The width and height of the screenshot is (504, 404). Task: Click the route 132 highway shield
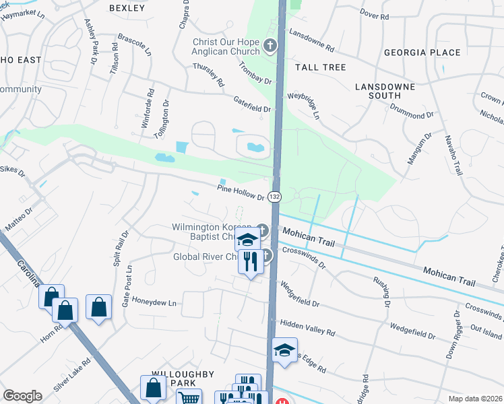click(x=274, y=196)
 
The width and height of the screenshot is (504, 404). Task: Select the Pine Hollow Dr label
click(x=241, y=193)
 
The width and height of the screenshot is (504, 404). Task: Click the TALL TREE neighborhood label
click(x=320, y=67)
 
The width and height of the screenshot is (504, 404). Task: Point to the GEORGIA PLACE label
click(x=422, y=53)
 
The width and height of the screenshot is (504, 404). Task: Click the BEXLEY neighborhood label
click(x=127, y=8)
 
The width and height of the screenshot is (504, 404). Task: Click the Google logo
click(x=22, y=396)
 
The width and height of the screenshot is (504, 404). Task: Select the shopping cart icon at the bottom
click(x=189, y=398)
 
